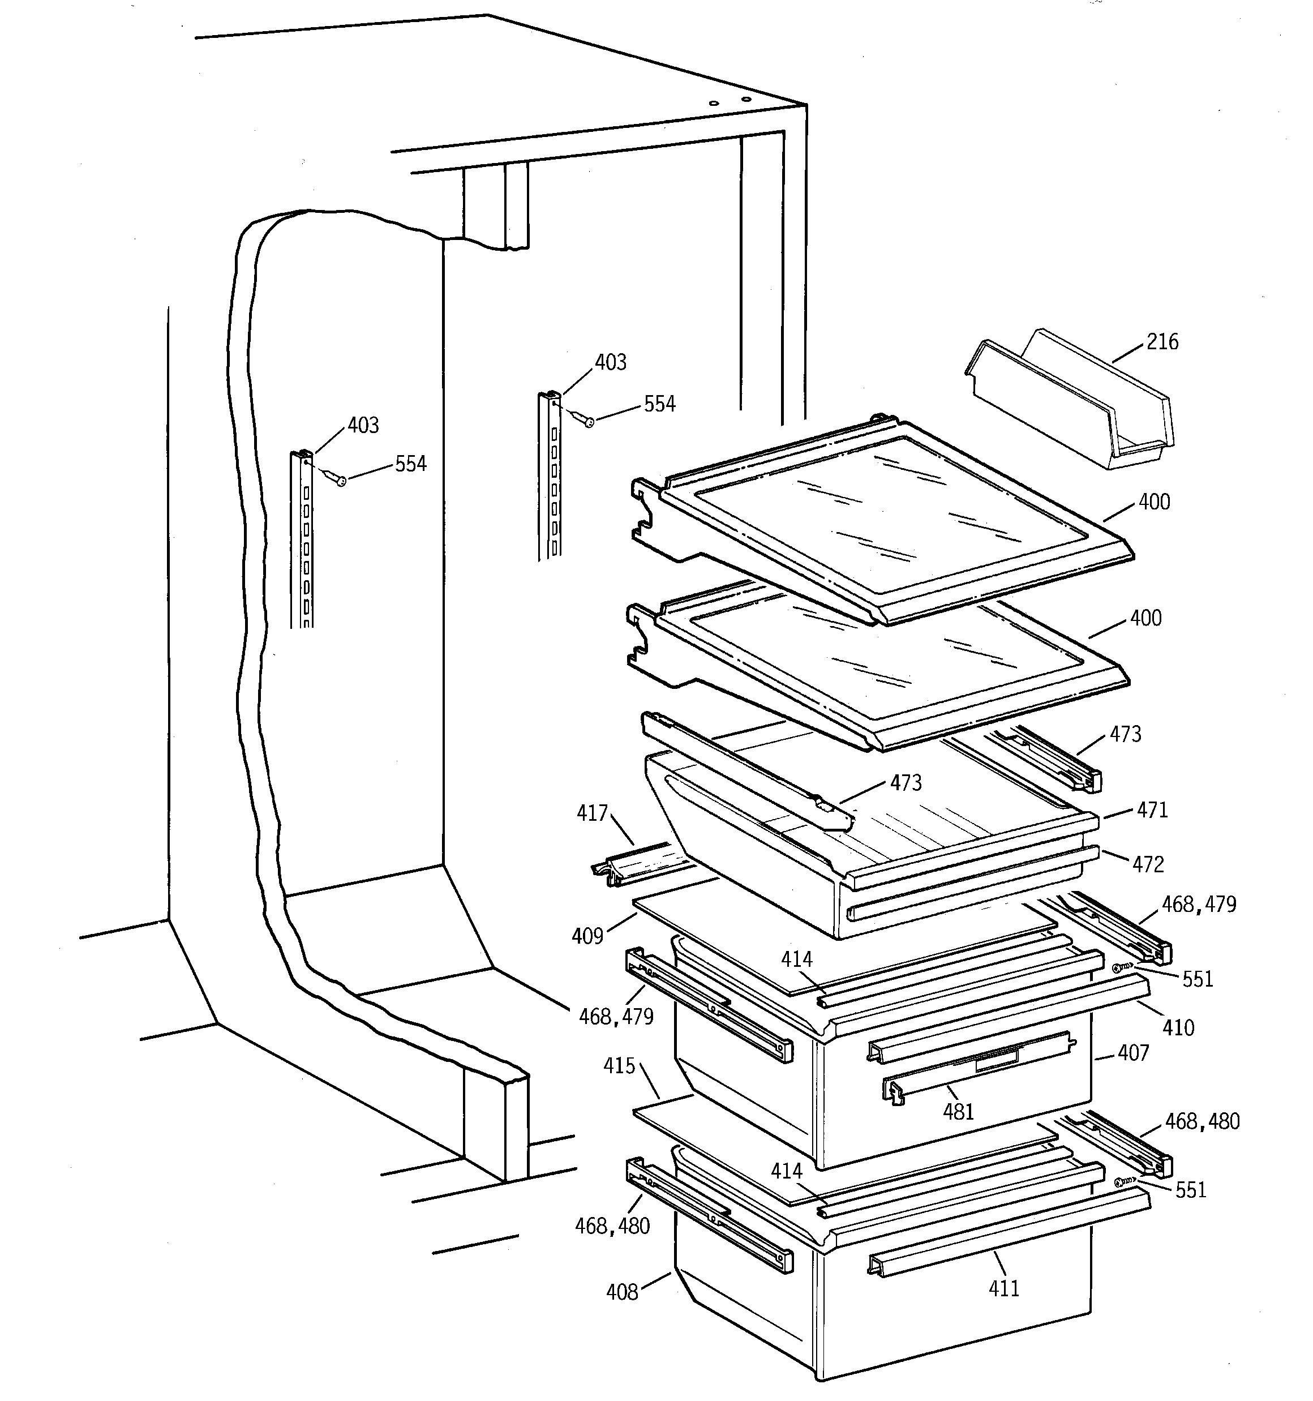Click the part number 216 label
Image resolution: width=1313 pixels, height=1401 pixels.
1162,342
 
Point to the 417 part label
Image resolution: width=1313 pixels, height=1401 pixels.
592,813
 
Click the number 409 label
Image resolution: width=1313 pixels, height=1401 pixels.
588,937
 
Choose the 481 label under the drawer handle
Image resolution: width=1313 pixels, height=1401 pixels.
959,1112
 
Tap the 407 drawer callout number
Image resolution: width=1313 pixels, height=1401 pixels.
1133,1053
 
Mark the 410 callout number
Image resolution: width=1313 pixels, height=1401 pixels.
1178,1028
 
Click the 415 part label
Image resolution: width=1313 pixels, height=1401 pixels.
620,1066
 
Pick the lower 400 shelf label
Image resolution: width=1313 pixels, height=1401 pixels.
1146,618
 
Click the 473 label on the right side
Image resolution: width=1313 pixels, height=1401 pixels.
1126,734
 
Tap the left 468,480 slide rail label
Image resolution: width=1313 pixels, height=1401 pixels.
612,1226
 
